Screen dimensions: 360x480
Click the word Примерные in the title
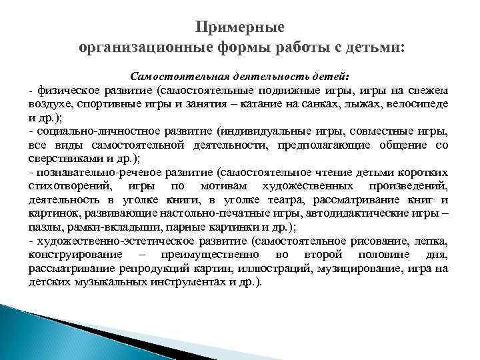(240, 28)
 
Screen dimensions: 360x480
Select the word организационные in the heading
(144, 48)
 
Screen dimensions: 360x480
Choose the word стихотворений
(70, 186)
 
